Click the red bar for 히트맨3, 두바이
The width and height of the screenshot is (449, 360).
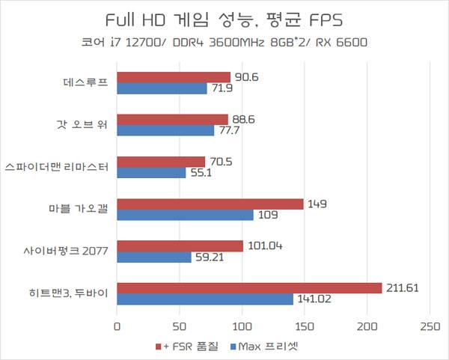tap(249, 288)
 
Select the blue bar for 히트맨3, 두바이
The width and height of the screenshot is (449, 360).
tap(205, 299)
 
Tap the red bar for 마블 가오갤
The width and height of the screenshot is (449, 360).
tap(210, 204)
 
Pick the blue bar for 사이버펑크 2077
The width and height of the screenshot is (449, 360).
tap(154, 257)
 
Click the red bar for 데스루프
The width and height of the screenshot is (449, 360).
tap(174, 77)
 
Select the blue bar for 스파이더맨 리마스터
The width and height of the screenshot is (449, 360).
tap(151, 173)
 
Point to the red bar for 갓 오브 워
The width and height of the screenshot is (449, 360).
tap(172, 119)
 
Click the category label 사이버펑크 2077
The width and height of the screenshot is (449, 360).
tap(65, 251)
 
